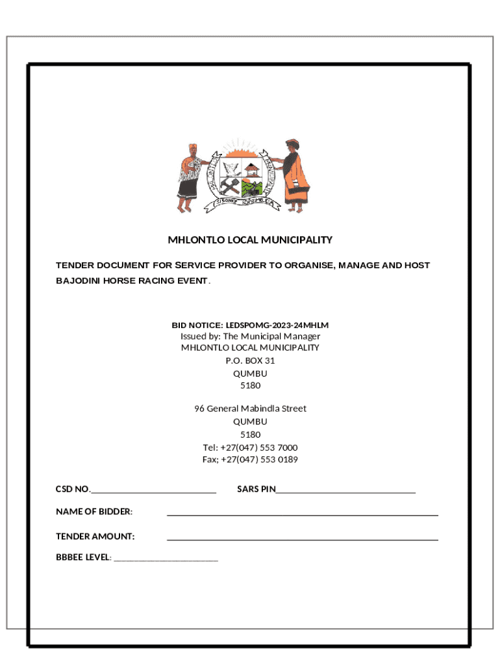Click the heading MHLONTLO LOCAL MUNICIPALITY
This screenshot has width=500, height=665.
[250, 240]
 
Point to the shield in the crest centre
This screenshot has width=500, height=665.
[242, 178]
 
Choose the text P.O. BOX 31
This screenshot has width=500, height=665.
[250, 360]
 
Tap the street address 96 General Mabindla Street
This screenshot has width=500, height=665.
[250, 408]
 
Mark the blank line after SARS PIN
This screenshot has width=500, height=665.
[345, 492]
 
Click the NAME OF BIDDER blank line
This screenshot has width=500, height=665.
[302, 514]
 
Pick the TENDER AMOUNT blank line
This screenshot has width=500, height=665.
[302, 539]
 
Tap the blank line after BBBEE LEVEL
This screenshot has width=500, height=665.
[166, 560]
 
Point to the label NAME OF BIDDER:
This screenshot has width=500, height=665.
[94, 512]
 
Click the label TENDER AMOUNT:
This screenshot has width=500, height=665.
[95, 536]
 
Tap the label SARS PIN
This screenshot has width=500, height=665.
[256, 489]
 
